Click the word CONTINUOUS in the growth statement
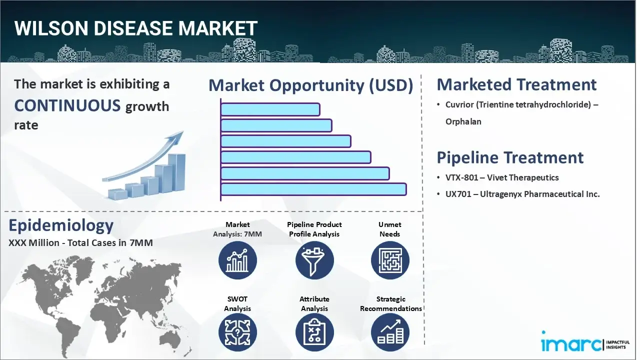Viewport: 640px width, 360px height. click(x=67, y=105)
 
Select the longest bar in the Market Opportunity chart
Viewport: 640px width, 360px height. click(x=313, y=189)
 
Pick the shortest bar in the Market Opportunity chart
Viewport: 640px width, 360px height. click(x=270, y=109)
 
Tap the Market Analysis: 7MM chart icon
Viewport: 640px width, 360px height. click(x=237, y=260)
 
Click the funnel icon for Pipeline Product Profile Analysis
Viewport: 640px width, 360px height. click(x=314, y=260)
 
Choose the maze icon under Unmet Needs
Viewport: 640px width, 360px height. click(x=390, y=260)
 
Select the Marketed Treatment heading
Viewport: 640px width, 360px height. click(x=516, y=84)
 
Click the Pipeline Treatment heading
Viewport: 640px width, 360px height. click(x=510, y=157)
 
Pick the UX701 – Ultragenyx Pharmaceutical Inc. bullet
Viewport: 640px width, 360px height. click(x=522, y=194)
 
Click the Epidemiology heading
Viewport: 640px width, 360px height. click(x=61, y=225)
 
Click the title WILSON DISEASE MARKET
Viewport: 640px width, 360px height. click(x=136, y=28)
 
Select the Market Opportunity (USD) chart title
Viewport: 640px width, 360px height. click(x=310, y=85)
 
